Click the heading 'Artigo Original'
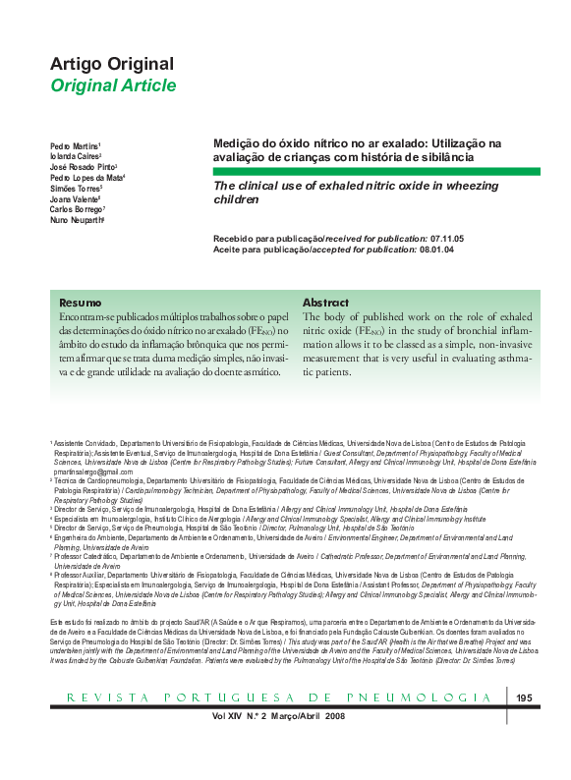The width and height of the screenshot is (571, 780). tap(112, 64)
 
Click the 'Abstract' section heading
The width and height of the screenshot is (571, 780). tap(325, 303)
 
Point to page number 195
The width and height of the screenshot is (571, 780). tap(524, 726)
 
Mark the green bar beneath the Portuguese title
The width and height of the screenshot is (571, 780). tap(376, 171)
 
